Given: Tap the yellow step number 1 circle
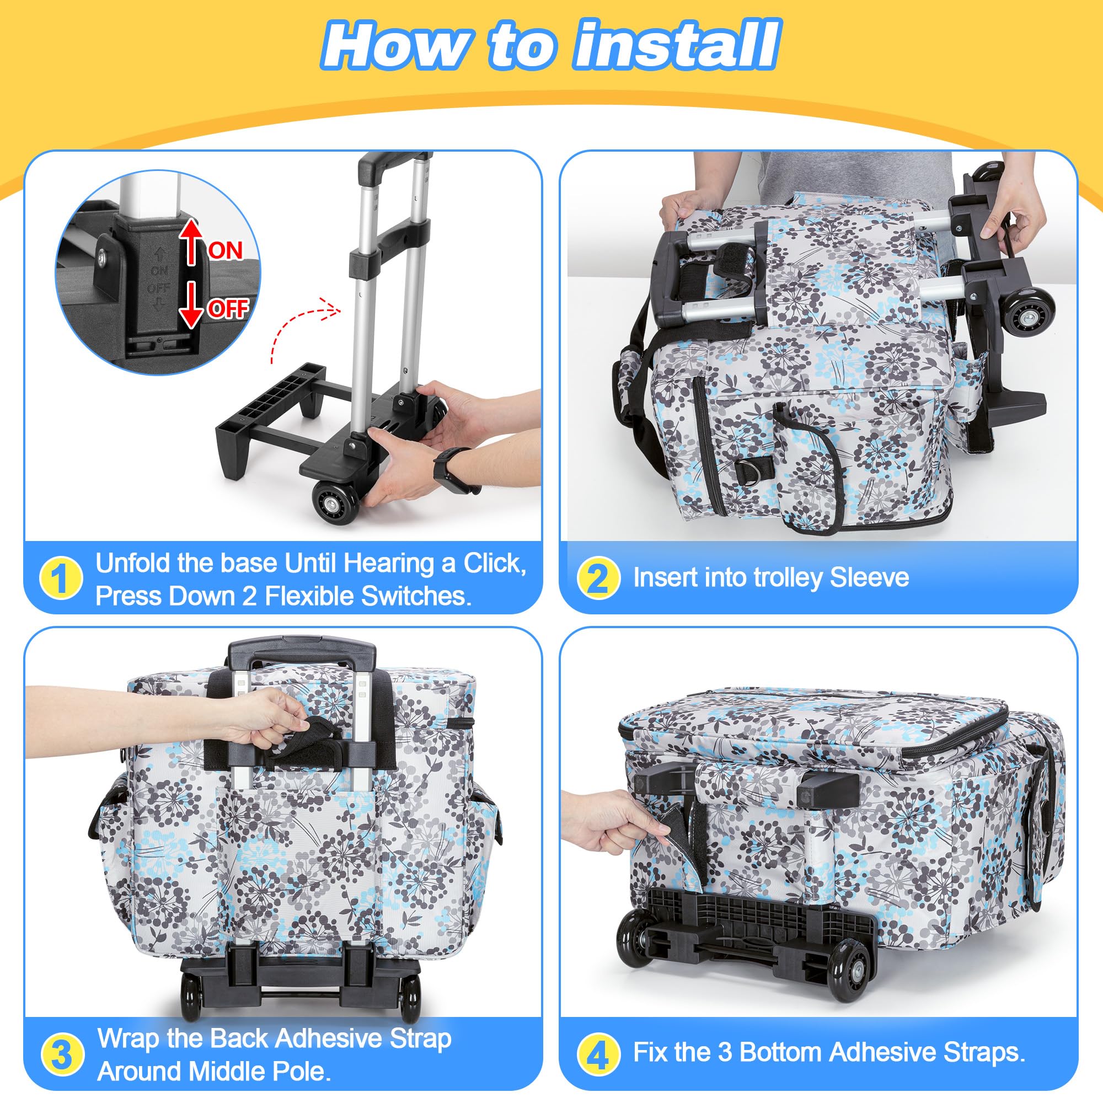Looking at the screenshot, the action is (x=61, y=578).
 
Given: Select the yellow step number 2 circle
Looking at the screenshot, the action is (x=598, y=578).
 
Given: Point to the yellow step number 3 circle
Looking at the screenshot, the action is (x=61, y=1054).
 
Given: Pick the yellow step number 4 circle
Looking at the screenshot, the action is (x=598, y=1054).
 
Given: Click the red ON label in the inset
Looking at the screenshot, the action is (x=225, y=250).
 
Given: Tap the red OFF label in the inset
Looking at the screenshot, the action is (x=228, y=309).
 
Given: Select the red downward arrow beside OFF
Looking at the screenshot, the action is (x=192, y=304).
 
